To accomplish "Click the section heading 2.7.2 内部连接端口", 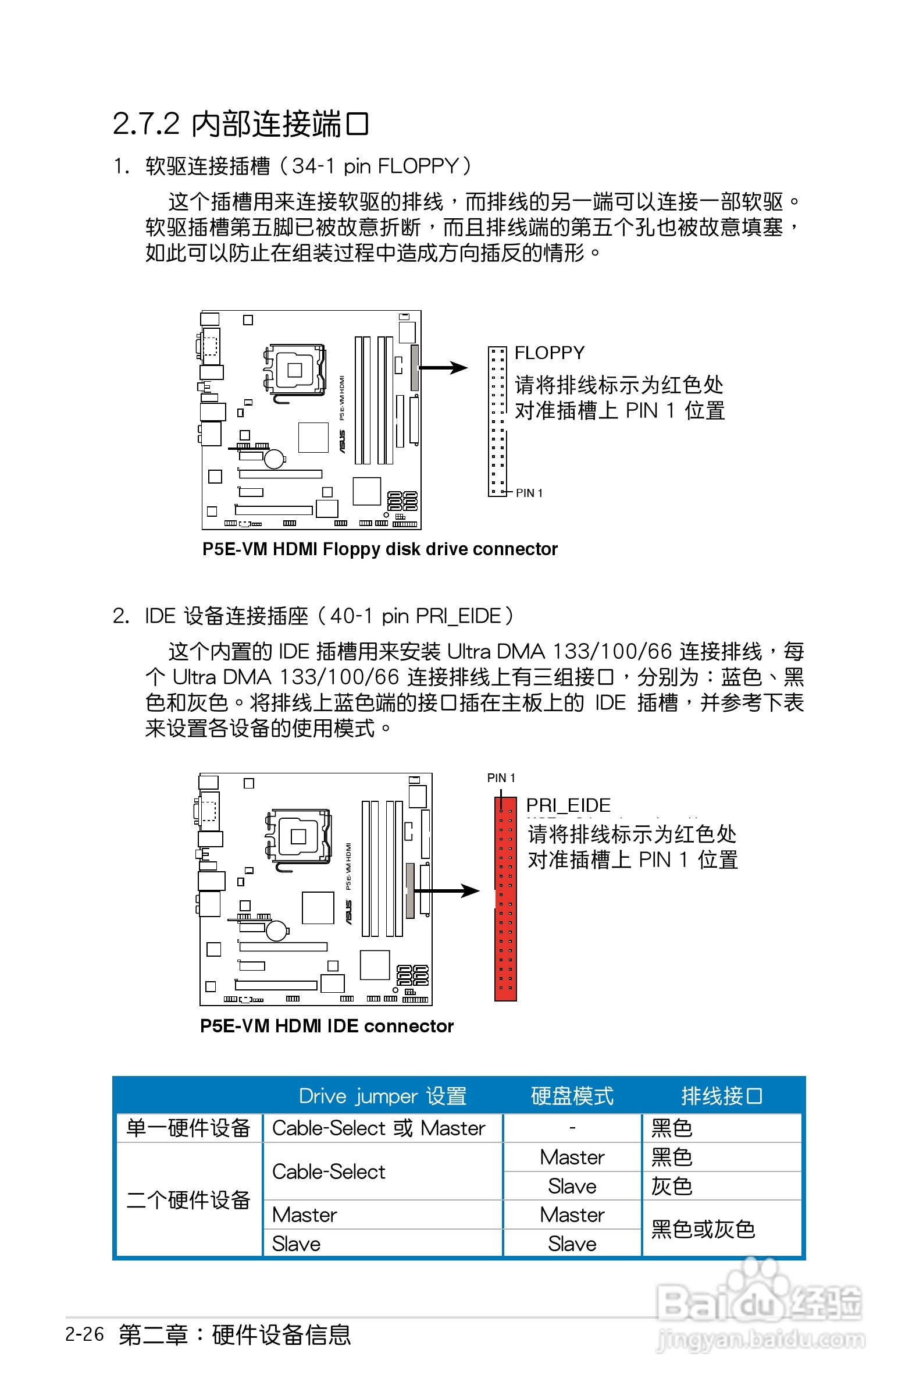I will (x=240, y=124).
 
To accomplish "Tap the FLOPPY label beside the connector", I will (x=549, y=353).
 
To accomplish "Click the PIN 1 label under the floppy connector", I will (x=529, y=493).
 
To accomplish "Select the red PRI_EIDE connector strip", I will (x=505, y=899).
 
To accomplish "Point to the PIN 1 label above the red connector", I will (x=501, y=778).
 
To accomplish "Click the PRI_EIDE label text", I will (x=568, y=805).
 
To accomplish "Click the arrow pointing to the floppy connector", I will (x=443, y=368).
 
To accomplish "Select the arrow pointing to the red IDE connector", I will (x=450, y=890).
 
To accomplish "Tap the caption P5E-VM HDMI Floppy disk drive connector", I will (x=380, y=549).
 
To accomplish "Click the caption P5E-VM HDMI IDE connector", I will (x=327, y=1026).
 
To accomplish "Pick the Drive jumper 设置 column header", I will (x=383, y=1096).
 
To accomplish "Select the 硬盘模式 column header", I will (x=572, y=1096).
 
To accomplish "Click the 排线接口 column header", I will (x=722, y=1096).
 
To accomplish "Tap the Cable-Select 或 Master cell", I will (x=379, y=1128).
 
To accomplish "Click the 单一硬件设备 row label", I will (x=188, y=1128).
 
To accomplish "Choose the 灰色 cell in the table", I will (x=672, y=1186).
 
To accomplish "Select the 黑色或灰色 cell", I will (x=703, y=1230).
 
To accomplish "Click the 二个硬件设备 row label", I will (x=188, y=1200).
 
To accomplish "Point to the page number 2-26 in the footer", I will (x=84, y=1334).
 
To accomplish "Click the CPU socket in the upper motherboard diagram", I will (x=294, y=370).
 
